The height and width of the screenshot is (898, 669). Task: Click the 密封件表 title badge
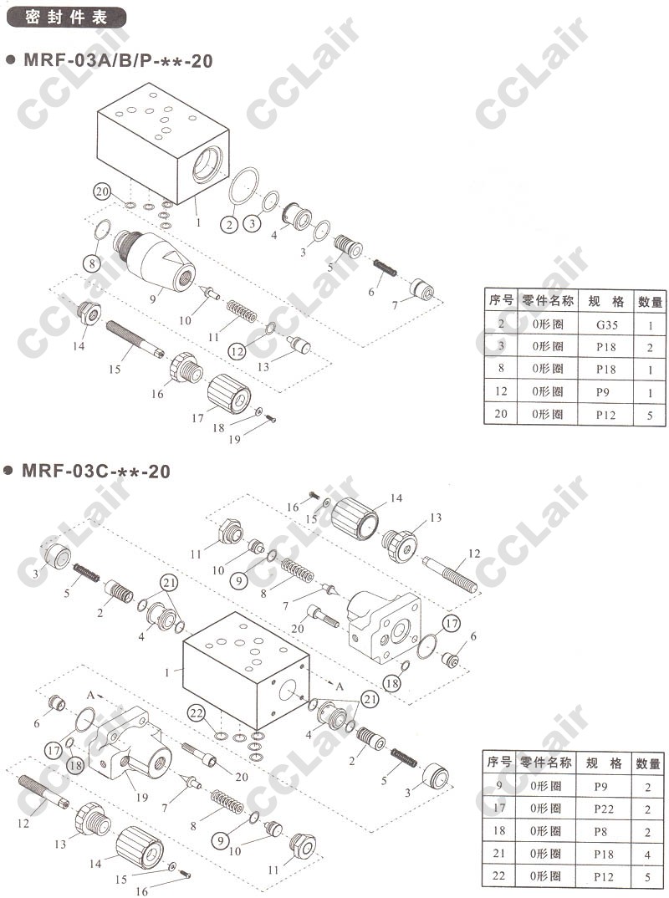(x=66, y=17)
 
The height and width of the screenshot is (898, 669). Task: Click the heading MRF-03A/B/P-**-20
(x=117, y=61)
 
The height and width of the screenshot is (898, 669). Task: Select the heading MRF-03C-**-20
(x=95, y=472)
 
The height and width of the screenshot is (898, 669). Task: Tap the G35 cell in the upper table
(x=606, y=324)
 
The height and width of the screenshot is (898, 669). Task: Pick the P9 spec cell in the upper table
(x=603, y=392)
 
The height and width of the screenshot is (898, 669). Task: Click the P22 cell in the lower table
(x=604, y=809)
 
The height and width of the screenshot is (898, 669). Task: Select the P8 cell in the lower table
(x=600, y=832)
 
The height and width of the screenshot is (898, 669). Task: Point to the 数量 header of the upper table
(x=650, y=302)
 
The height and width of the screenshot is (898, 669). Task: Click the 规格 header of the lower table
(x=604, y=763)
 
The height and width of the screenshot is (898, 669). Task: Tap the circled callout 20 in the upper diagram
(x=103, y=191)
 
